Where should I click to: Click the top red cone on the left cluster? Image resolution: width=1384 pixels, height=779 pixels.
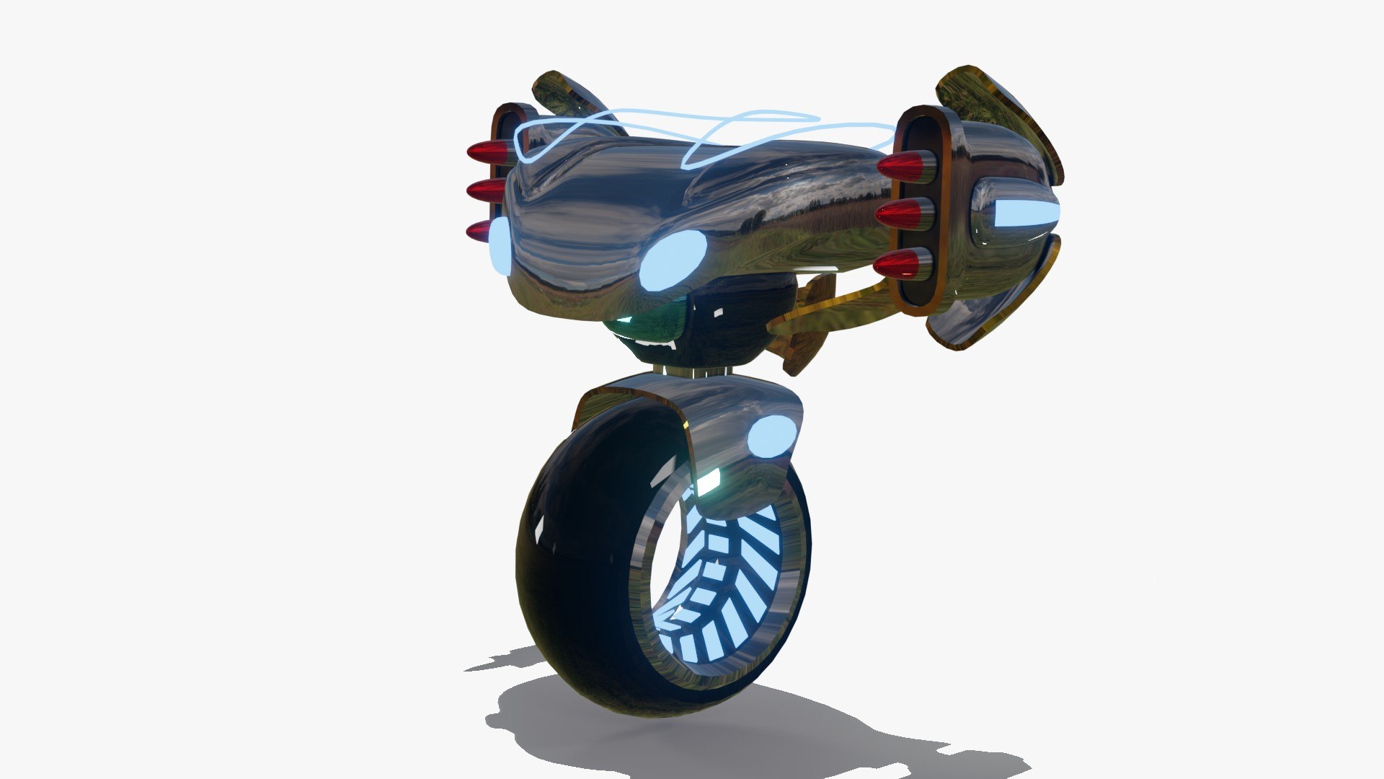coord(487,152)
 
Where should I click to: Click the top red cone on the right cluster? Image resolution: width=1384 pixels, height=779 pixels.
coord(901,167)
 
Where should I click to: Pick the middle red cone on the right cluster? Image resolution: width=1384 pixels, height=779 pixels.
coord(899,214)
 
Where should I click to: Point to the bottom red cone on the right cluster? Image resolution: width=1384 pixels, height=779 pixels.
coord(897,265)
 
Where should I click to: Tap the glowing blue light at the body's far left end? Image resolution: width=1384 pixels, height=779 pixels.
coord(500,246)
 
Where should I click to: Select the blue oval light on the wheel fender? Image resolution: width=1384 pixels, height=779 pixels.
coord(771,437)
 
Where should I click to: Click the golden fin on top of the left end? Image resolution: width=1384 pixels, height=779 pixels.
coord(569,97)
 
